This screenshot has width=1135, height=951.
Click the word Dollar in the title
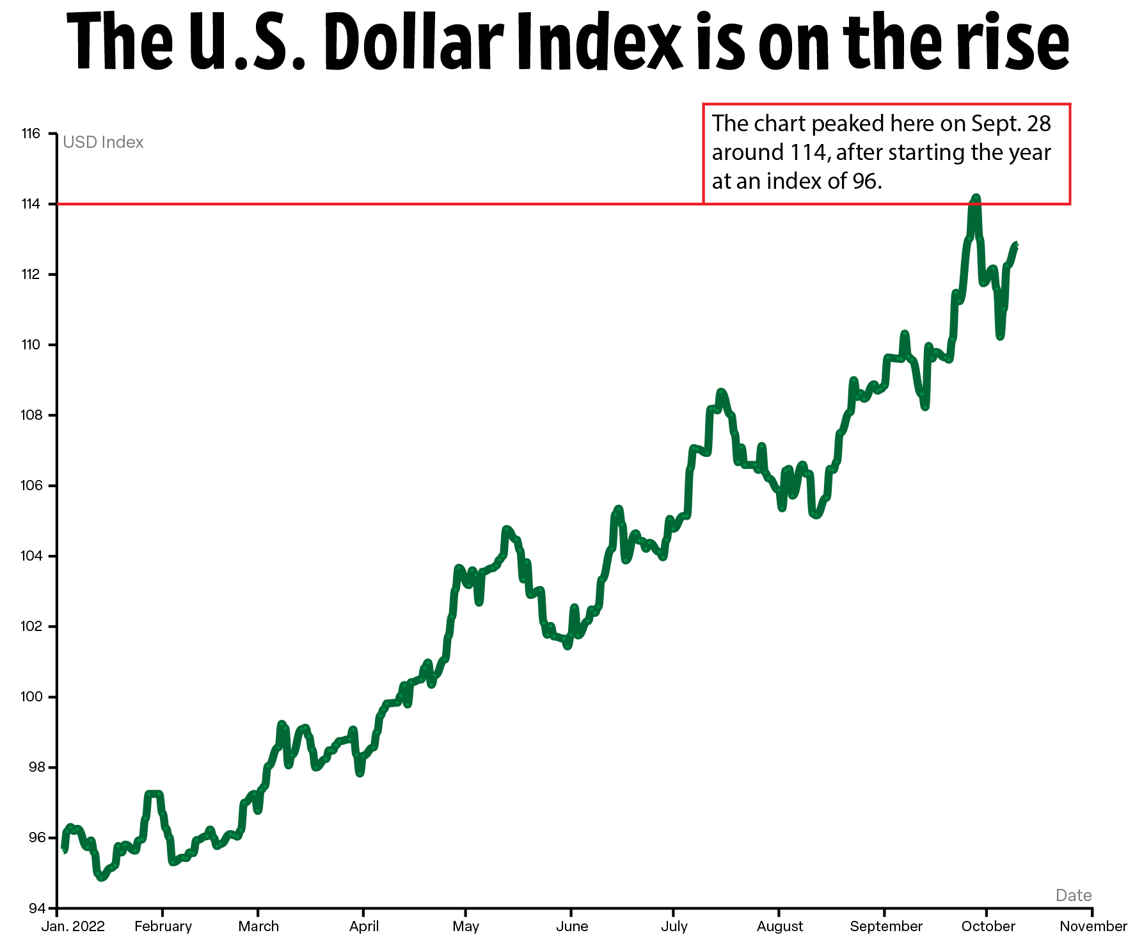[x=413, y=43]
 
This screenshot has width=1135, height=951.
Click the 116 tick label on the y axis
[x=31, y=134]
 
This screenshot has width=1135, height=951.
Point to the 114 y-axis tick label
[x=31, y=204]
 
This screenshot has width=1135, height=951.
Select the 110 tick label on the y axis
[x=31, y=345]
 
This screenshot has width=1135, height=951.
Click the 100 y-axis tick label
[x=31, y=697]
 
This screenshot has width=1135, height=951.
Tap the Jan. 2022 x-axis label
[x=73, y=927]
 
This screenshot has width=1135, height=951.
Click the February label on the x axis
[x=163, y=927]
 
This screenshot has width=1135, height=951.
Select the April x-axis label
[x=364, y=927]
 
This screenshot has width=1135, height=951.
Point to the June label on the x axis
[x=572, y=927]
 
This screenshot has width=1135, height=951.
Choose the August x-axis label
[x=780, y=927]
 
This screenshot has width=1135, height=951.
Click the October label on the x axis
[x=988, y=927]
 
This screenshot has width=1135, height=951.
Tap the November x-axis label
[x=1093, y=927]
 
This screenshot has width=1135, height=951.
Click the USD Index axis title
[x=103, y=142]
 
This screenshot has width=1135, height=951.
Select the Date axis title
[x=1074, y=895]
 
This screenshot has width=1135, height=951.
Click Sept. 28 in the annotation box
[x=1011, y=124]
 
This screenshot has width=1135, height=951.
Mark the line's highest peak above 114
[x=976, y=198]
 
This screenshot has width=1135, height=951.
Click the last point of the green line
[x=1015, y=245]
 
